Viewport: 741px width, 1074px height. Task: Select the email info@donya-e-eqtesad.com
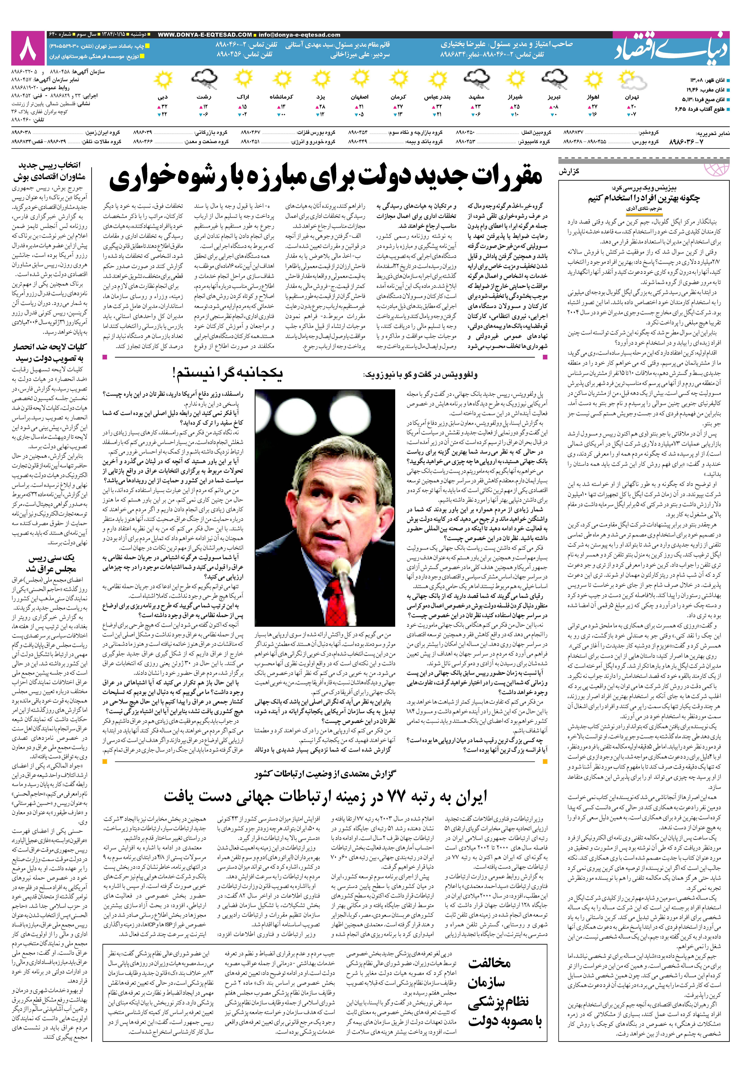point(299,35)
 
